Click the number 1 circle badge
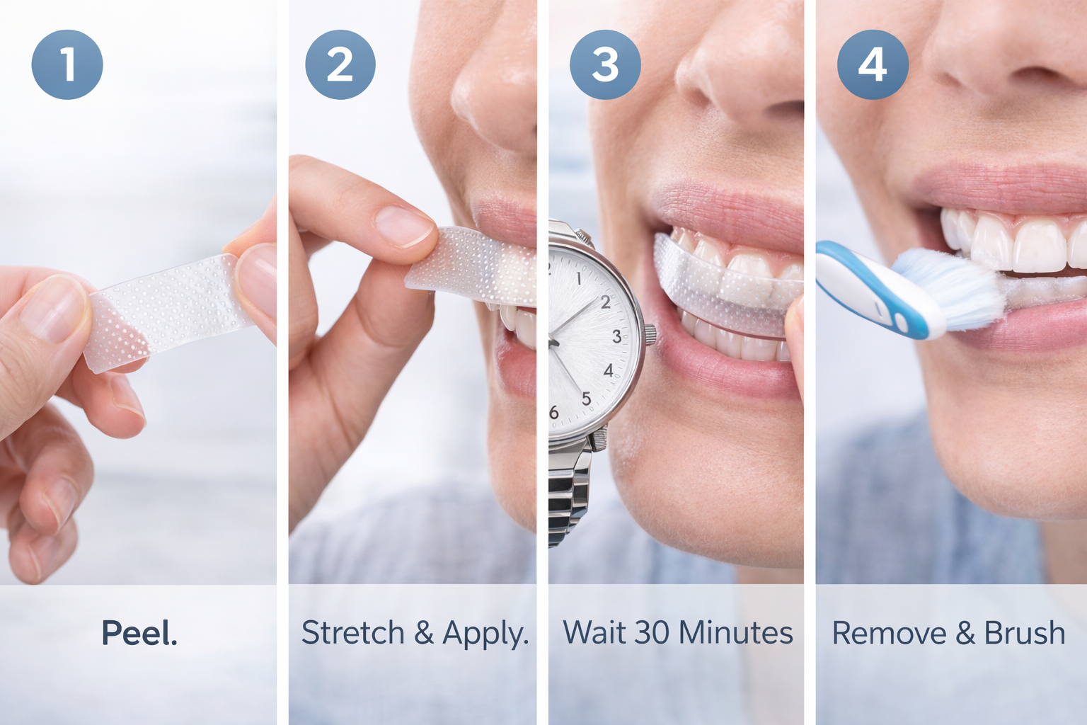pos(67,64)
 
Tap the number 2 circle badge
pos(340,64)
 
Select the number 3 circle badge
pos(605,64)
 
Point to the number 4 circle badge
pos(872,64)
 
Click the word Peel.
pos(139,633)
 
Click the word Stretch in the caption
pos(352,633)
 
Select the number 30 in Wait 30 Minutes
pos(651,633)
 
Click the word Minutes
pos(736,633)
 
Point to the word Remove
pos(888,633)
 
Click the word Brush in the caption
pos(1024,633)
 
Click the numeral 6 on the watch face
pos(554,412)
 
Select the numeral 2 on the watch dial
pos(605,302)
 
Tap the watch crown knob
pos(649,333)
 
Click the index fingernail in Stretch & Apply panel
pos(403,227)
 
